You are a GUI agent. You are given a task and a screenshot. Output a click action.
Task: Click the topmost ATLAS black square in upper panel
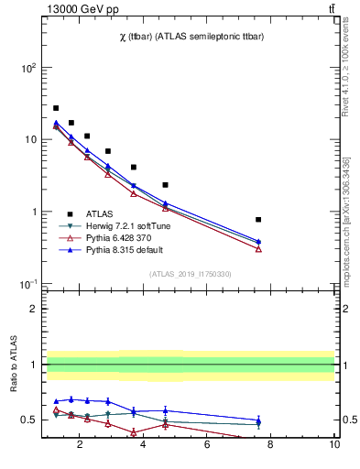click(56, 108)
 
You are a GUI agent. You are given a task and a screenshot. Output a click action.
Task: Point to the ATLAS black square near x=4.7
click(165, 185)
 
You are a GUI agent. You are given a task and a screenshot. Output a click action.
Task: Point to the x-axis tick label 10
click(334, 446)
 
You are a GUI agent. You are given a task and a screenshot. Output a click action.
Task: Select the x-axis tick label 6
click(207, 446)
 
